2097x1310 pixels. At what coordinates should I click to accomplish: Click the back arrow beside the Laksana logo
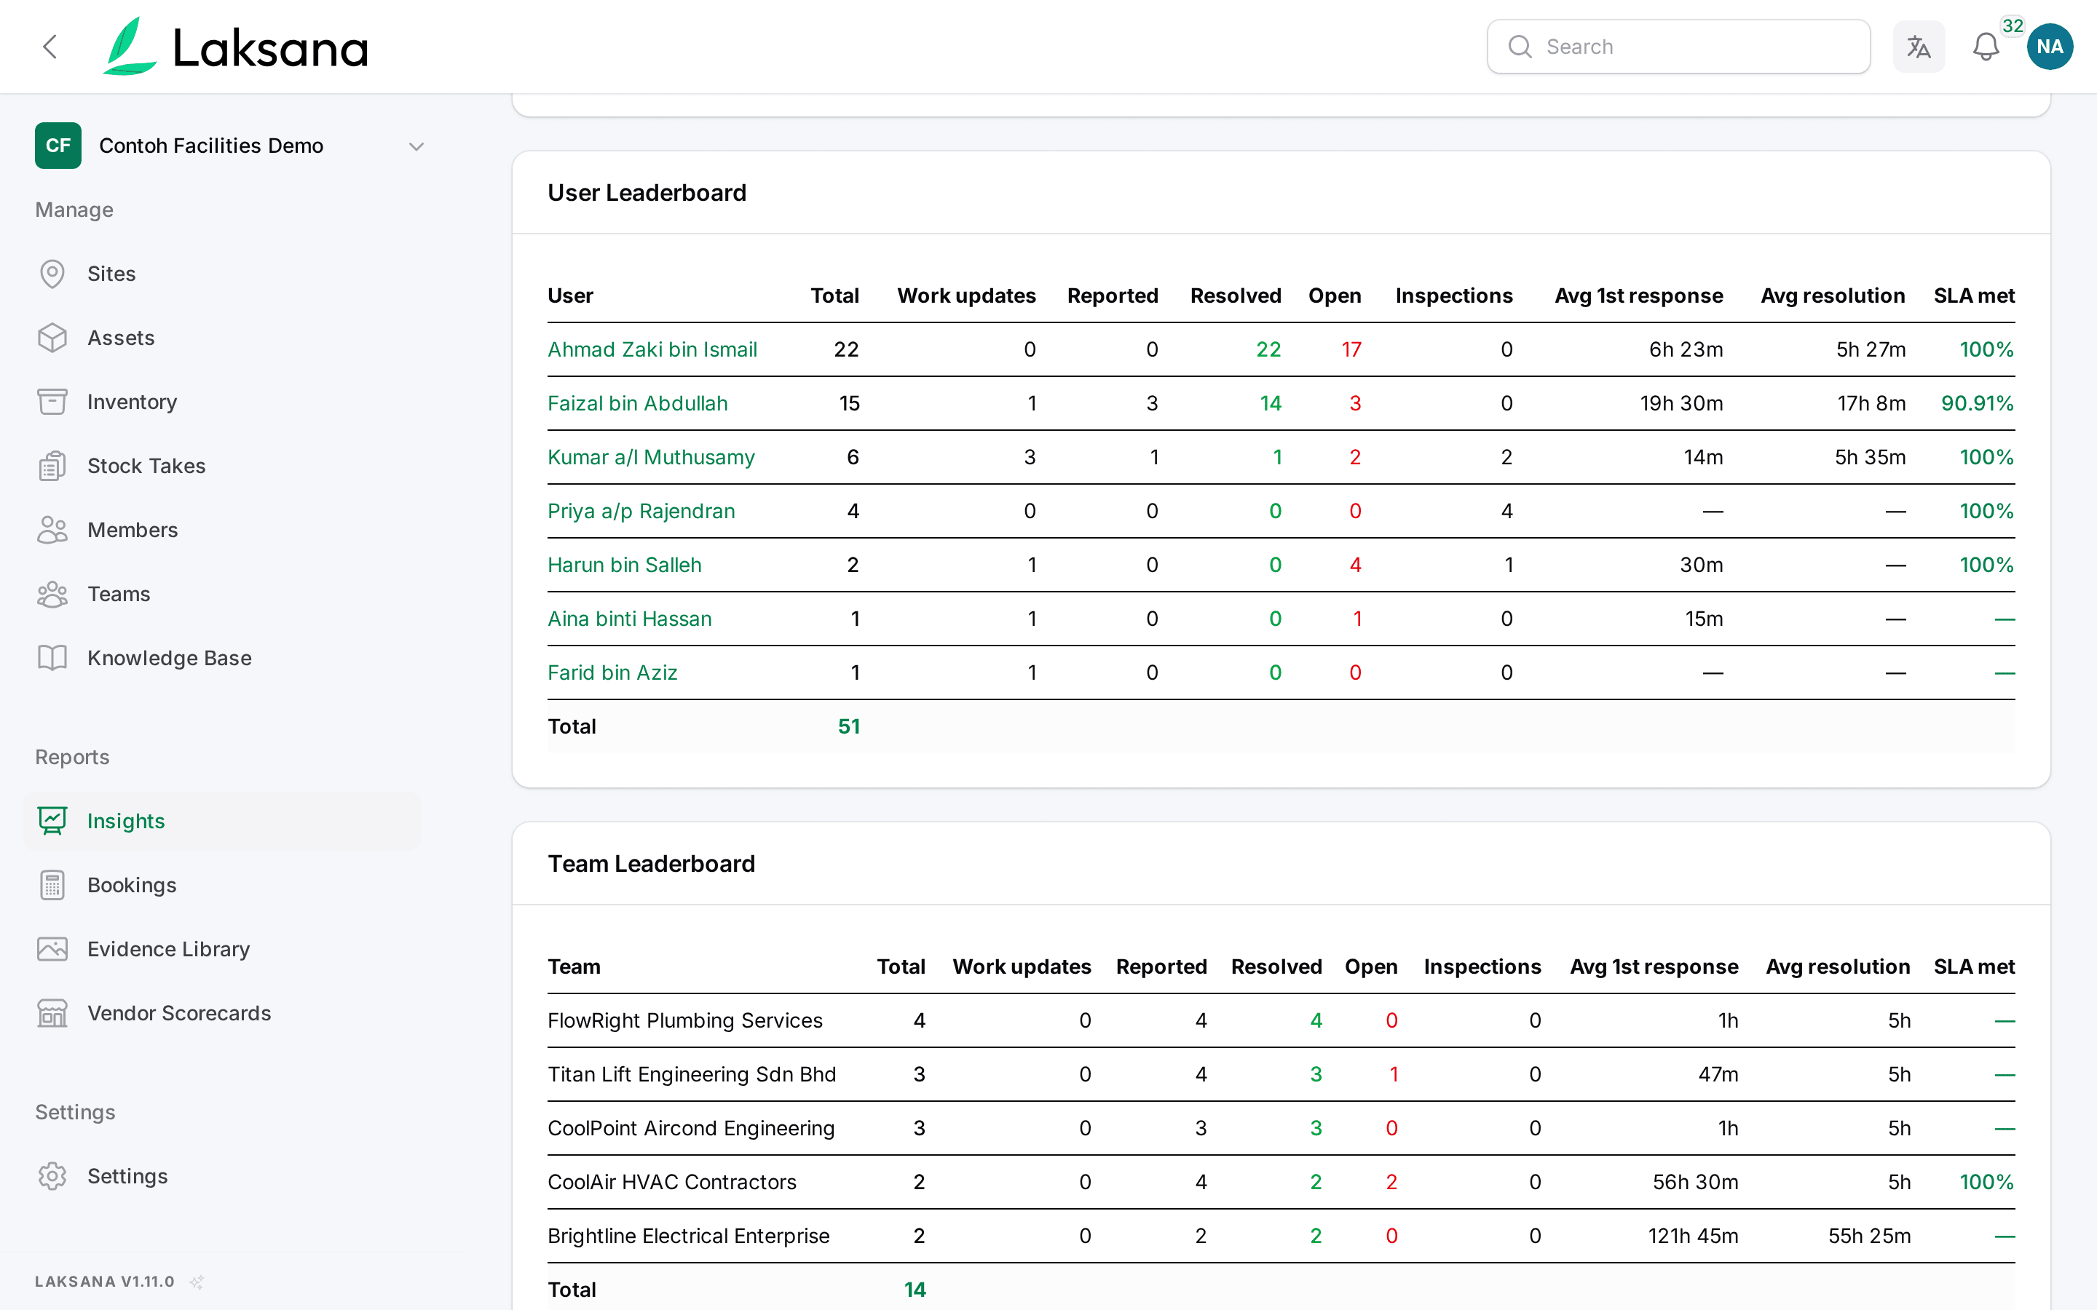(x=50, y=47)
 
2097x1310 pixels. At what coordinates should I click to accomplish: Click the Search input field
(x=1678, y=47)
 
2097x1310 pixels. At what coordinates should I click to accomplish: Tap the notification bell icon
(x=1985, y=47)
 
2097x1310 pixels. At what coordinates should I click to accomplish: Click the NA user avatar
(x=2050, y=47)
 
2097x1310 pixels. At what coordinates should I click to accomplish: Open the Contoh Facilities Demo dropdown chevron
(x=416, y=146)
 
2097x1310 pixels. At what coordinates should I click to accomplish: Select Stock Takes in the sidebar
(x=146, y=466)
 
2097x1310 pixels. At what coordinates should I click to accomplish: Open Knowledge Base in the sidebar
(x=170, y=659)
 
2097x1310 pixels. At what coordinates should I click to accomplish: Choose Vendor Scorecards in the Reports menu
(x=179, y=1014)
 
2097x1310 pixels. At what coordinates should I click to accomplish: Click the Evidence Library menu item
(x=169, y=950)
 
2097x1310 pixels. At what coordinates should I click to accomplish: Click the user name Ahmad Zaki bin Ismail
(x=652, y=350)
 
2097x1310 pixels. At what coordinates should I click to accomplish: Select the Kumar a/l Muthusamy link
(x=652, y=458)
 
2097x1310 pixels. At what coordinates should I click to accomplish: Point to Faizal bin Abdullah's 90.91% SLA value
(x=1978, y=404)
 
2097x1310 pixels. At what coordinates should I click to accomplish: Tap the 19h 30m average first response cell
(x=1681, y=404)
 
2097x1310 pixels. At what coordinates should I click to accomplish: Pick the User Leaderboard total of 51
(x=849, y=727)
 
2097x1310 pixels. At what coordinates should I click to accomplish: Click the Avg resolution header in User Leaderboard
(x=1833, y=296)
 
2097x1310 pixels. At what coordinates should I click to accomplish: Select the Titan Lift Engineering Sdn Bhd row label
(x=692, y=1075)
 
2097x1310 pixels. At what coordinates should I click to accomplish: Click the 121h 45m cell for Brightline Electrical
(x=1693, y=1236)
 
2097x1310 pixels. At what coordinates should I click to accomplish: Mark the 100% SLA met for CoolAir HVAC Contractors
(x=1987, y=1183)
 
